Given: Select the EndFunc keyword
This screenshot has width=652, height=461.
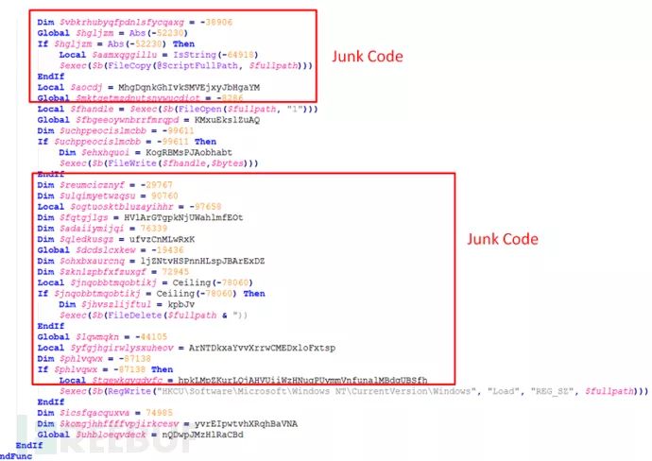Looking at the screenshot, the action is tap(22, 452).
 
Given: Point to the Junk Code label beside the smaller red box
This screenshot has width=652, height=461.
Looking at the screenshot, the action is tap(367, 57).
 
